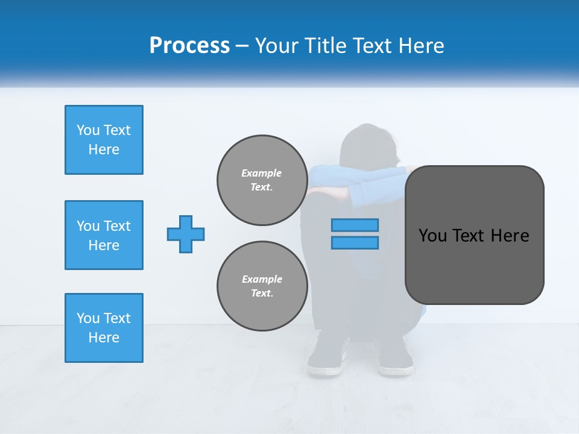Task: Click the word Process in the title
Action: click(x=189, y=46)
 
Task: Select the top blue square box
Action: click(x=104, y=140)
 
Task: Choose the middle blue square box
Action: click(x=104, y=235)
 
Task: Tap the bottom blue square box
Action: click(x=104, y=328)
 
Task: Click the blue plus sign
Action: click(x=186, y=234)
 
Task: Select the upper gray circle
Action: click(x=262, y=180)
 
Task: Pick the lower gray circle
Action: click(x=262, y=286)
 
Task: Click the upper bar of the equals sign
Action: click(x=355, y=225)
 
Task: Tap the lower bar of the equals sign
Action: click(x=355, y=242)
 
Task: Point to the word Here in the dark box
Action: click(x=510, y=236)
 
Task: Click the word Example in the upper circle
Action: click(x=261, y=173)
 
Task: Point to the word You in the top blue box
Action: click(x=87, y=130)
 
